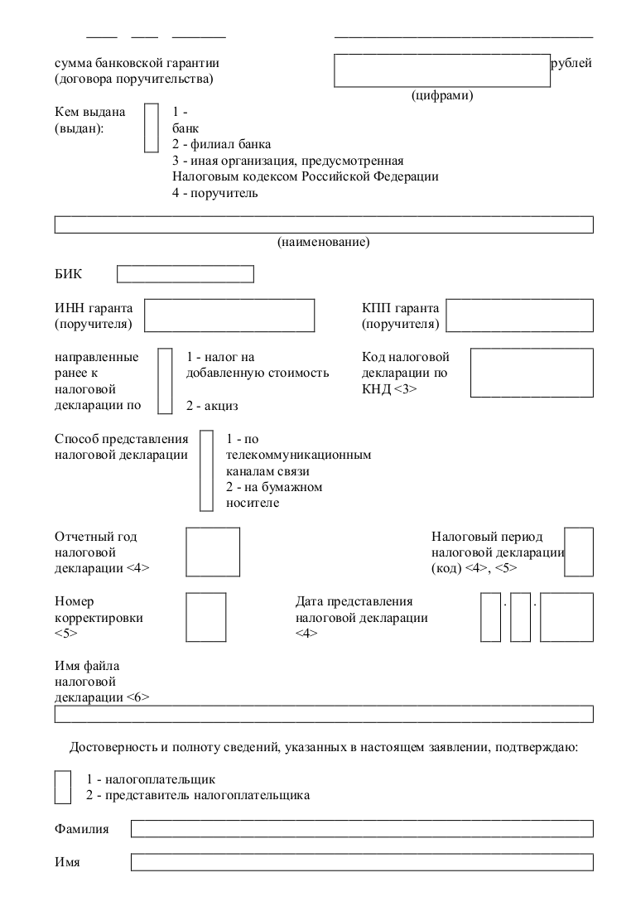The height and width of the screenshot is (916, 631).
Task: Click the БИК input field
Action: point(185,274)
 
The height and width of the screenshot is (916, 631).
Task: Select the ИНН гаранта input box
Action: point(229,315)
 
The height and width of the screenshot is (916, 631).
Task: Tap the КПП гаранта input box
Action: point(520,315)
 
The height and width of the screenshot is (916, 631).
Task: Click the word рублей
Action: point(571,63)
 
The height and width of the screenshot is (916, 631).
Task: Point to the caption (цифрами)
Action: point(442,95)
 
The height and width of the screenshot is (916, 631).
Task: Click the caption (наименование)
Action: point(324,242)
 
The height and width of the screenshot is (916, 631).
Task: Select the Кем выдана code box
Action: point(151,128)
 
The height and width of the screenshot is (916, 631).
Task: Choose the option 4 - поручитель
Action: point(215,193)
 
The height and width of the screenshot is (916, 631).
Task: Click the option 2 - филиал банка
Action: point(222,144)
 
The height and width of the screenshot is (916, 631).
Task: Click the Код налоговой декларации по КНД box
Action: point(532,373)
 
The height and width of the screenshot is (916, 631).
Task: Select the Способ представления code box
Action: point(206,470)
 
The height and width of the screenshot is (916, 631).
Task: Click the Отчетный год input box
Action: point(213,552)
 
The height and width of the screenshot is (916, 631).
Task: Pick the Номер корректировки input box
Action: point(206,617)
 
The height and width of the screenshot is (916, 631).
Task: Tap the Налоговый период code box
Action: point(579,552)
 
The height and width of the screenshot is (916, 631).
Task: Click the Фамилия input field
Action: point(362,829)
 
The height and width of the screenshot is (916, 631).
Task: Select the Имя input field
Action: point(362,862)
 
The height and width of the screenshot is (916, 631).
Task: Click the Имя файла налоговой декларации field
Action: point(324,714)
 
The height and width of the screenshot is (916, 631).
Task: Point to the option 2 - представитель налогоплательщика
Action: point(198,795)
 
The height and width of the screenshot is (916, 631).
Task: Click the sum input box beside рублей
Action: point(442,70)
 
